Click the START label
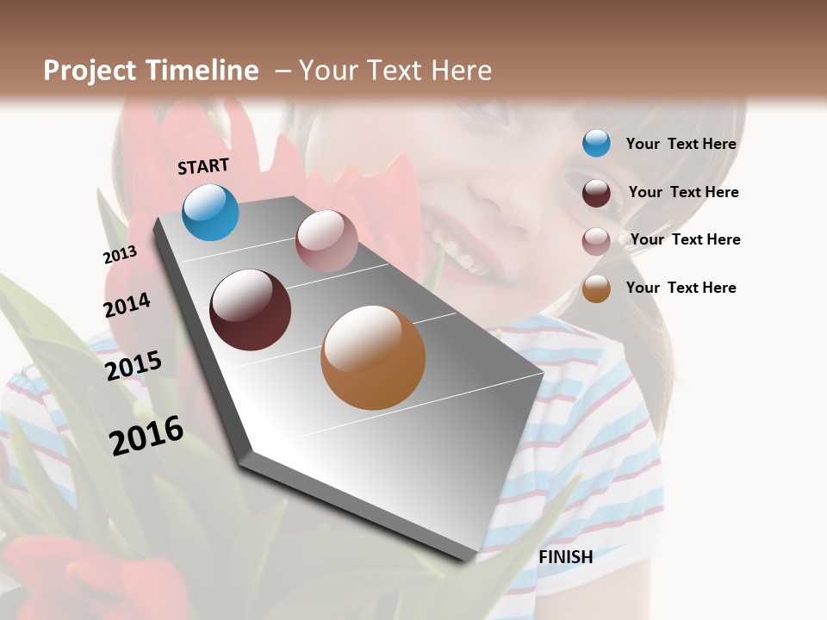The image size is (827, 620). pos(203,166)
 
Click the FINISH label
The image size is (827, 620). pos(565,557)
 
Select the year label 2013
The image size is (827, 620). pos(120,255)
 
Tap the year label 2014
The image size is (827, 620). pos(127,305)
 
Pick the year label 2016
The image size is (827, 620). pos(146,436)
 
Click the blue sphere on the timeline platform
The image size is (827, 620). pos(210,212)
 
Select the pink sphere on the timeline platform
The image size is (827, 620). pos(326,241)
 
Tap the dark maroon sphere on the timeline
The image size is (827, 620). pos(250,310)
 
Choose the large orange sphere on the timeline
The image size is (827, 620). pos(373,357)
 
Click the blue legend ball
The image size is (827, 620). pos(596,143)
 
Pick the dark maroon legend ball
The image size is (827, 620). pos(596,193)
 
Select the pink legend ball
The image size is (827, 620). pos(596,241)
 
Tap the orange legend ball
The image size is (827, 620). pos(596,288)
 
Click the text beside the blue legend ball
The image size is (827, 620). pos(681,145)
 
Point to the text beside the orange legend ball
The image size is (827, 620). pos(681,288)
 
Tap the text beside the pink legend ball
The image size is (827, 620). pos(685,239)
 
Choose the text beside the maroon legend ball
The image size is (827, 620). pos(683,192)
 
